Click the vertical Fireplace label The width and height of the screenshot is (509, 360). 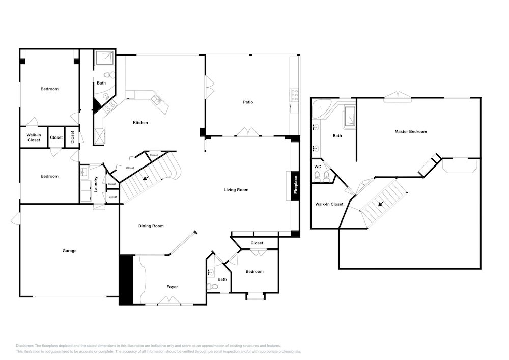click(x=295, y=185)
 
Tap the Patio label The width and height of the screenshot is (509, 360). click(x=248, y=102)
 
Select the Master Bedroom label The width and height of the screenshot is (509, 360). click(x=411, y=132)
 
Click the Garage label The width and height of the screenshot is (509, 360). click(x=70, y=251)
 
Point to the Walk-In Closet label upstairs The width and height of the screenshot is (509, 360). click(x=329, y=204)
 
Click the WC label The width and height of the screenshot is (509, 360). click(x=318, y=167)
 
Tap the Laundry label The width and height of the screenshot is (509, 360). click(x=96, y=184)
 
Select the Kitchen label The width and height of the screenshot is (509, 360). click(x=140, y=123)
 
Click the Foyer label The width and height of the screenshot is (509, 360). click(x=173, y=287)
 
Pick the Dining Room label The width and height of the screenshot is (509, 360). click(x=151, y=226)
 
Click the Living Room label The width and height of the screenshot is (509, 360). click(x=236, y=190)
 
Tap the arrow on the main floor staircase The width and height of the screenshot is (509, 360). click(x=146, y=178)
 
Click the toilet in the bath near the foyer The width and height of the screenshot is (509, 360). click(x=214, y=287)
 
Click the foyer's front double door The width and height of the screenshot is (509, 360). click(x=169, y=301)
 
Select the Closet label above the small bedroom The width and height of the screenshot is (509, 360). click(x=257, y=243)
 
